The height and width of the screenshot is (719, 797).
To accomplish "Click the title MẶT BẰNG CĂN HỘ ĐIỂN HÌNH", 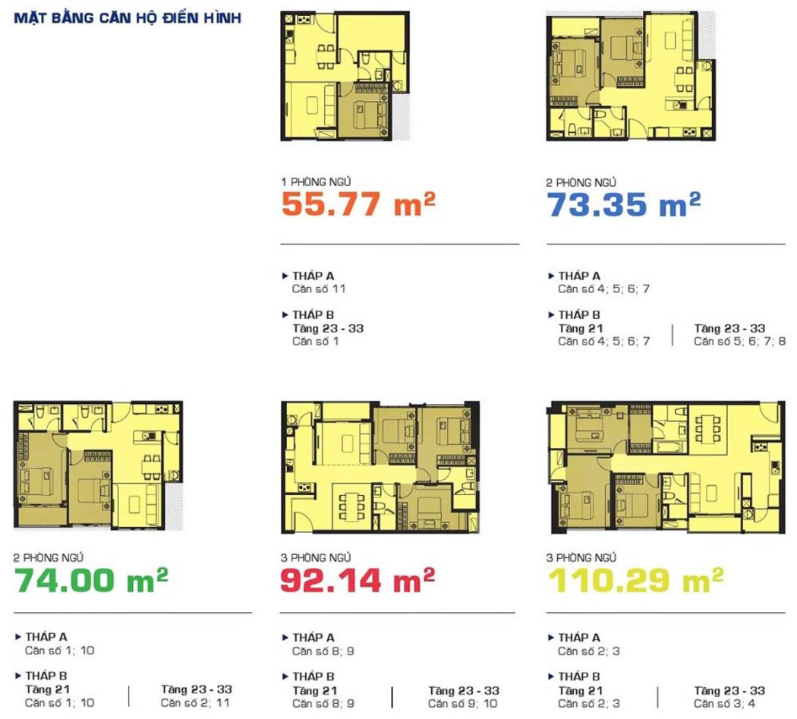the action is click(127, 17).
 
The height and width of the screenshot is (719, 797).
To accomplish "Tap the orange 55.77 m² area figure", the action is click(358, 204).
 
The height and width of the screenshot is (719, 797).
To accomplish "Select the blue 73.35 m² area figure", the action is click(624, 204).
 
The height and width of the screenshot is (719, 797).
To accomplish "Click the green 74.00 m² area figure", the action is click(91, 579).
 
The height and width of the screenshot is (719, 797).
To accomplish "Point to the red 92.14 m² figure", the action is click(358, 579).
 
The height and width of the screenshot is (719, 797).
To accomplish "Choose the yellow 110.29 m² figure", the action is click(635, 579).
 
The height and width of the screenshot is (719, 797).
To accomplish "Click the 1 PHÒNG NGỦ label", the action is click(317, 181).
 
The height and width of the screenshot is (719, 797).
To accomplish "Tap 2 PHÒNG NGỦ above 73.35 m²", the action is click(581, 182).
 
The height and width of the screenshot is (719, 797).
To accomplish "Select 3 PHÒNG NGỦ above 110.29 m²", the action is click(581, 557).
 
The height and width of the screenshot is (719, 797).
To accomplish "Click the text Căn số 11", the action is click(319, 289).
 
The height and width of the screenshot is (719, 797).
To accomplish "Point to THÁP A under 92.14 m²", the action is click(313, 637).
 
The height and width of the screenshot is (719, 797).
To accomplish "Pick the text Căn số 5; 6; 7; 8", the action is click(739, 341).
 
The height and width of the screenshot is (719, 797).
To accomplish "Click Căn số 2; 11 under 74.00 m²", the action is click(195, 703).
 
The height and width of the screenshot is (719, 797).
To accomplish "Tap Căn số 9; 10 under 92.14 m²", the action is click(462, 703).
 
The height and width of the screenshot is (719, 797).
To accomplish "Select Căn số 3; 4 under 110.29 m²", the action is click(724, 703).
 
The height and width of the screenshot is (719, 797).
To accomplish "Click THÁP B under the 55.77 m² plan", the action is click(313, 315).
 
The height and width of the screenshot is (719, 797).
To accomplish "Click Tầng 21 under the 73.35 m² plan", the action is click(581, 329).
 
